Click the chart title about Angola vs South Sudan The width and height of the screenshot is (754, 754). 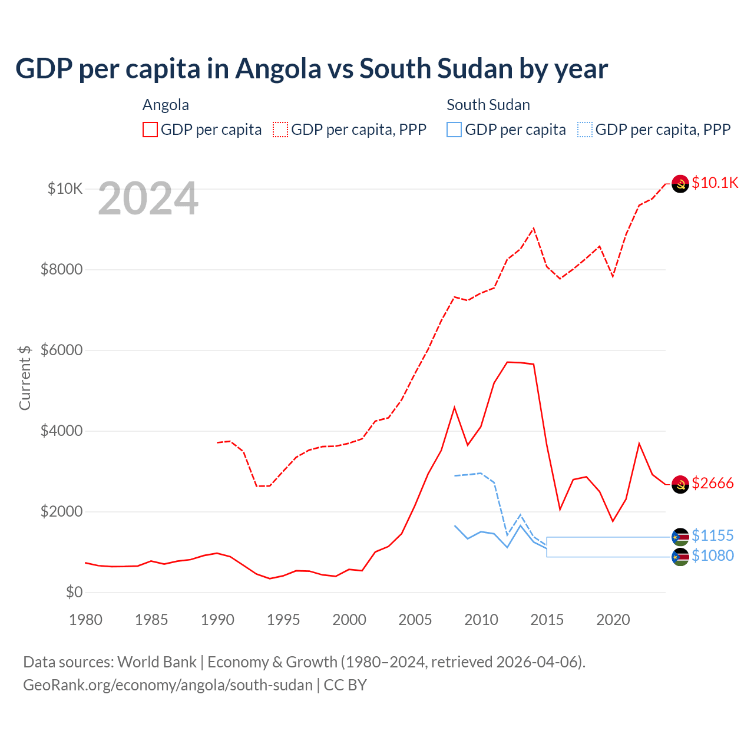click(x=312, y=69)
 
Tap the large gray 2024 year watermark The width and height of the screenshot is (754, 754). click(x=148, y=199)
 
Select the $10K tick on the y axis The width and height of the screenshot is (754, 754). click(x=65, y=188)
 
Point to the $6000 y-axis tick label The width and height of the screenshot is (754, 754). click(x=61, y=350)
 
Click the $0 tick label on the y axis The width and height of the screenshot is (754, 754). click(x=74, y=592)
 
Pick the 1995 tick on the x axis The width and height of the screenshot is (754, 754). click(x=283, y=620)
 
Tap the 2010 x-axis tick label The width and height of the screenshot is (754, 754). click(x=481, y=620)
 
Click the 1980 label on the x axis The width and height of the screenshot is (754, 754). click(x=85, y=620)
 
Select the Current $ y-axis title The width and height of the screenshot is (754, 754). click(x=25, y=378)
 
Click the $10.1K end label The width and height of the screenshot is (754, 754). click(x=715, y=183)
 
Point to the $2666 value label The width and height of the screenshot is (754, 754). click(x=713, y=484)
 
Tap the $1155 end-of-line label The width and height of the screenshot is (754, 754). click(x=713, y=535)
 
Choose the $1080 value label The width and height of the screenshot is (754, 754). click(x=713, y=555)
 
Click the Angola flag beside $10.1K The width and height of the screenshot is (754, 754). click(x=680, y=184)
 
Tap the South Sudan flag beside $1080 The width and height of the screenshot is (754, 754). click(x=680, y=557)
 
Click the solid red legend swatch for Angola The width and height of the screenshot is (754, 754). click(x=150, y=130)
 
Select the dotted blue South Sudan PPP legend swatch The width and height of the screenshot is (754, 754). click(x=585, y=130)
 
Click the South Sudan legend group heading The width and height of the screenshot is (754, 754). click(x=488, y=105)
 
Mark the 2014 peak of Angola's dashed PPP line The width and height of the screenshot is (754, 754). click(x=534, y=228)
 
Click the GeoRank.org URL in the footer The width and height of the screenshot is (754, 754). click(x=168, y=685)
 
